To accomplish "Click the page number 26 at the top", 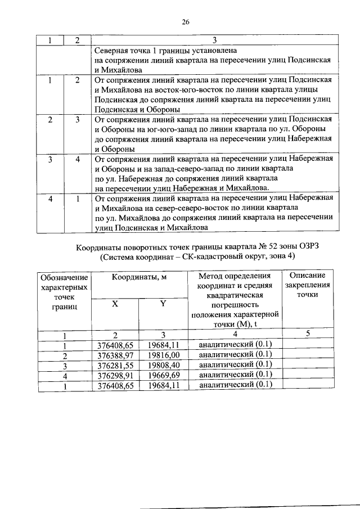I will tap(185, 22).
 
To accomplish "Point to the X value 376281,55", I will tap(115, 365).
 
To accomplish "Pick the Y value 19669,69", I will tap(161, 375).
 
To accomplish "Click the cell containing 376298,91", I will tap(115, 375).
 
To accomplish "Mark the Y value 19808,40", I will tap(161, 365).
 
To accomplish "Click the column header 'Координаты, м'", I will tap(138, 277).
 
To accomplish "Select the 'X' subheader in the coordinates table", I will tap(115, 303).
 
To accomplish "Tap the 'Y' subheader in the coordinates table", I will tap(163, 303).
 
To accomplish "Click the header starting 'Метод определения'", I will tap(235, 276).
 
